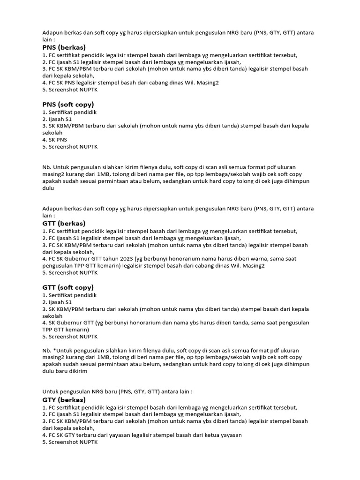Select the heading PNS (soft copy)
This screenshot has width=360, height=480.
(68, 104)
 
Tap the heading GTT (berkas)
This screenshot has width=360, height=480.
(64, 224)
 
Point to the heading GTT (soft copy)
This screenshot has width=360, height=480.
(68, 287)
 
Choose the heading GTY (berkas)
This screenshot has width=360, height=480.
(64, 400)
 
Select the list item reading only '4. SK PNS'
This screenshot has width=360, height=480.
(55, 140)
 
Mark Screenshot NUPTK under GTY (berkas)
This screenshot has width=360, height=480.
(70, 442)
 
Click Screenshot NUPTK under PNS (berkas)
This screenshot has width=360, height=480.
(70, 90)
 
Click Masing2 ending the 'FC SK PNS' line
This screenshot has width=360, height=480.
(207, 82)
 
